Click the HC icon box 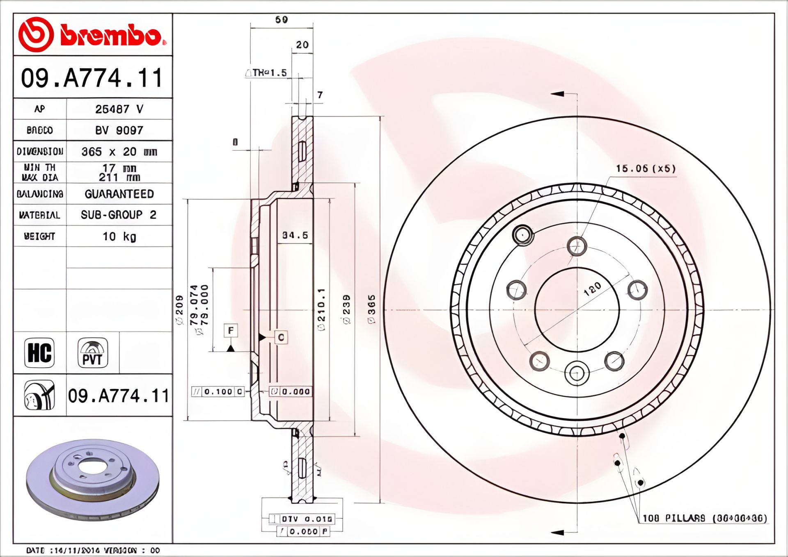39,352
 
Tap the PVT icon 93,352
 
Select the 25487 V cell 119,109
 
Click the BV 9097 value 119,130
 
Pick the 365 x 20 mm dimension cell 119,152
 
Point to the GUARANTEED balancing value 119,194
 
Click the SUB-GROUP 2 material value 119,215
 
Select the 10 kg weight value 119,236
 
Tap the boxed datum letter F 231,330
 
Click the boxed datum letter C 281,337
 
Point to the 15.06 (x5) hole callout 645,168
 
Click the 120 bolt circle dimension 592,289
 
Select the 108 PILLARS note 704,518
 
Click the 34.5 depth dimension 295,235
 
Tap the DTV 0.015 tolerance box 306,519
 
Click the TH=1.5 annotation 269,73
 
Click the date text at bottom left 93,550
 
